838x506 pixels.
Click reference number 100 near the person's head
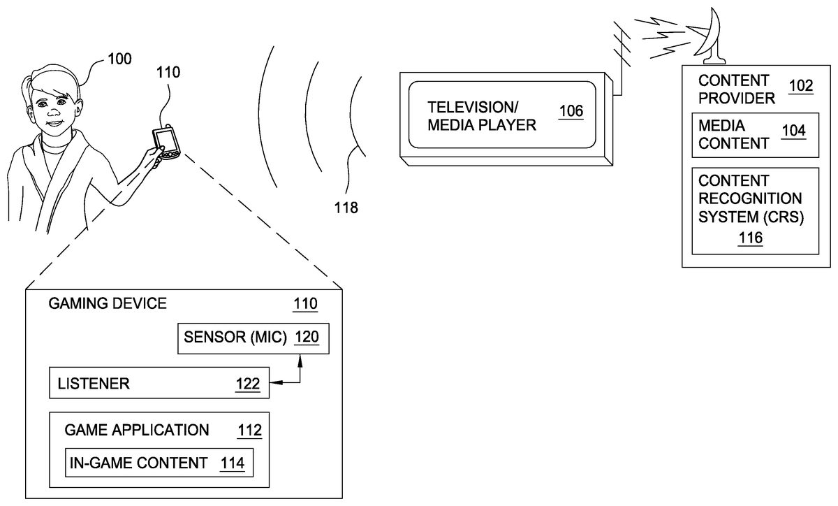[119, 59]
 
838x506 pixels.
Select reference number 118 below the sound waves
[346, 208]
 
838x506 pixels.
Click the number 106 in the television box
[571, 111]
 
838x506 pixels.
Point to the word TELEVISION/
[473, 107]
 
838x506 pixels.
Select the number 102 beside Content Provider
[801, 86]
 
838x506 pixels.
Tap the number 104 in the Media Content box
[793, 130]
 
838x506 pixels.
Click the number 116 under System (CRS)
[751, 238]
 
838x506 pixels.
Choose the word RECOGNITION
[750, 198]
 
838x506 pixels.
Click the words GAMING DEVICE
[108, 303]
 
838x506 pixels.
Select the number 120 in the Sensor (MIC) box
[307, 337]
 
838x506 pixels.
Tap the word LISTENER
[94, 384]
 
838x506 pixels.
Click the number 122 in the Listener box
[248, 384]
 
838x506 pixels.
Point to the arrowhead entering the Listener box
[275, 382]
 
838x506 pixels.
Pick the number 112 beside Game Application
[249, 431]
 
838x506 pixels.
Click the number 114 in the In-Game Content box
[233, 463]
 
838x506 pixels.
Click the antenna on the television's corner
[621, 56]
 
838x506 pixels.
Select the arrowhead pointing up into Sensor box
[300, 361]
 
